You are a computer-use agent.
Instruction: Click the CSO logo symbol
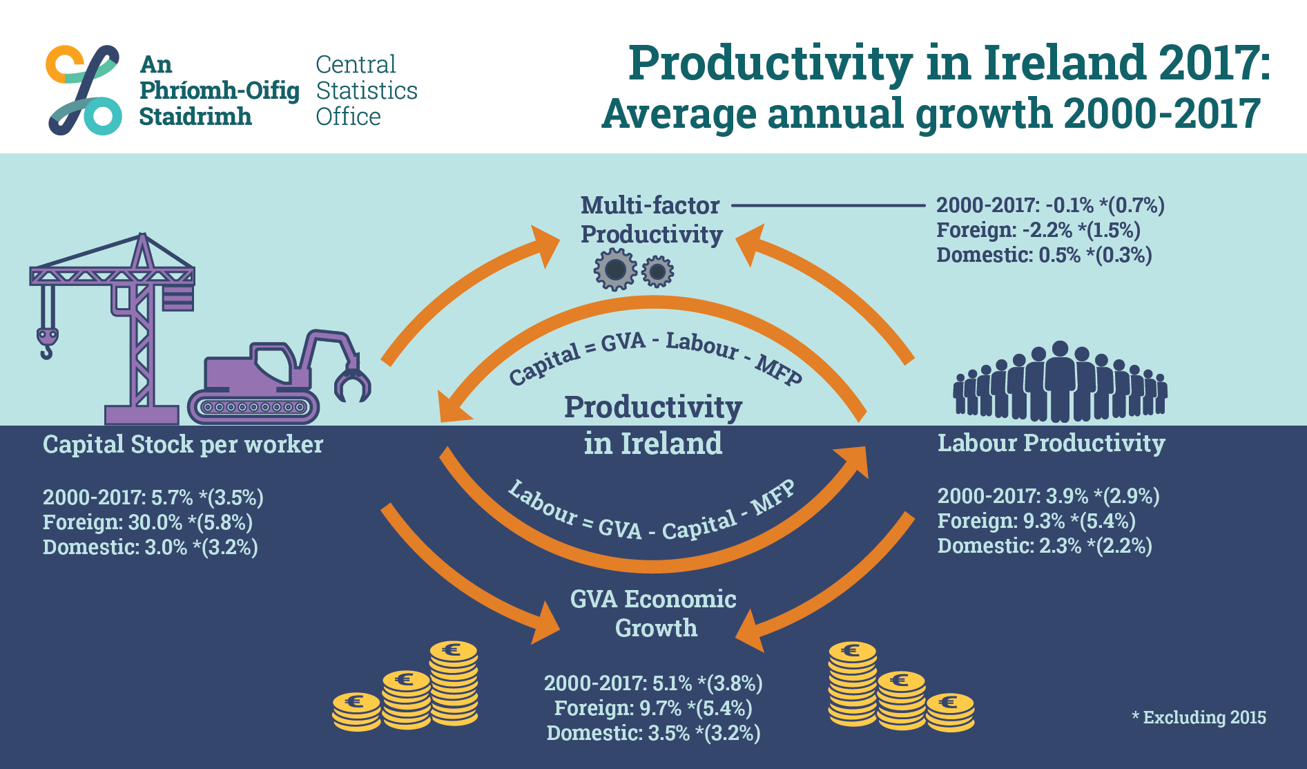coord(84,90)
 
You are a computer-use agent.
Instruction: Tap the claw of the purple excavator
coord(352,383)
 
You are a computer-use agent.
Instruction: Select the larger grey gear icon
coord(615,269)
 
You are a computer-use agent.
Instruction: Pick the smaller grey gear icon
coord(657,272)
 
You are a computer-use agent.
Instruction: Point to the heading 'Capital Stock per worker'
coord(183,444)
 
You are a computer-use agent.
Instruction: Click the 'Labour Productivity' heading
coord(1051,443)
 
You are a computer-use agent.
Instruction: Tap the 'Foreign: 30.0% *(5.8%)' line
coord(148,522)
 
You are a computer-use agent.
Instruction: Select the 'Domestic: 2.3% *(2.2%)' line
coord(1045,546)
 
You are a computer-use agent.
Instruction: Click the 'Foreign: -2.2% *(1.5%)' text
coord(1038,230)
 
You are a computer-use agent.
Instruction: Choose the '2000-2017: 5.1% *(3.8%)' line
coord(653,683)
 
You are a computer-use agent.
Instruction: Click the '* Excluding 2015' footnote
coord(1199,717)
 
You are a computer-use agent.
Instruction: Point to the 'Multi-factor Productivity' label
coord(651,220)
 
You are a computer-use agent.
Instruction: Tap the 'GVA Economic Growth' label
coord(654,613)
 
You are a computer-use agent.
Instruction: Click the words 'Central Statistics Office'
coord(367,91)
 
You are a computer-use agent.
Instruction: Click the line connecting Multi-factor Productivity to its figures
coord(828,205)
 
